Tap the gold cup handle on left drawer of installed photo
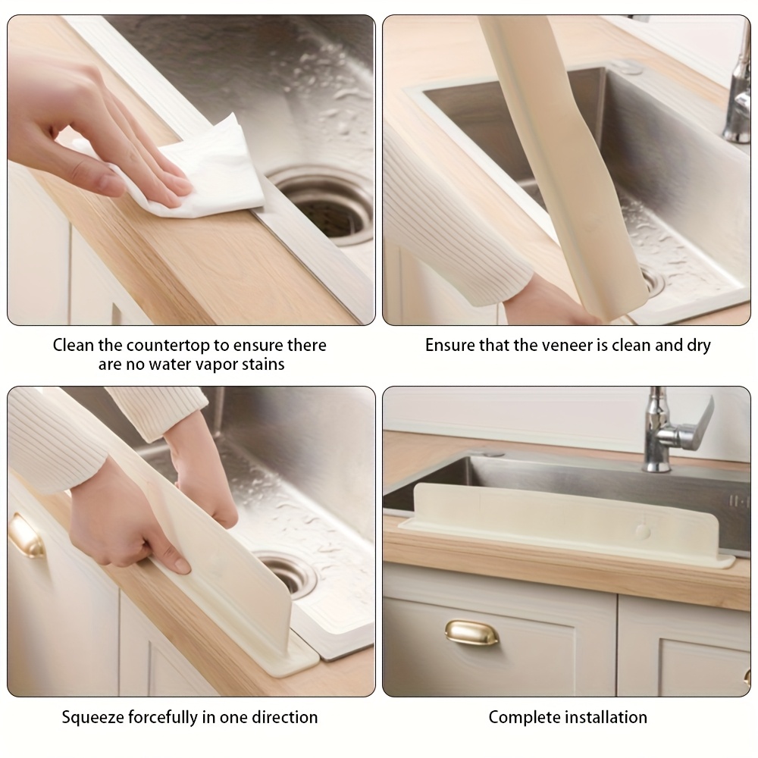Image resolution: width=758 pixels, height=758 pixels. pos(471,633)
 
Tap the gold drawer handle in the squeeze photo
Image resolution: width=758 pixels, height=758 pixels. pos(25,536)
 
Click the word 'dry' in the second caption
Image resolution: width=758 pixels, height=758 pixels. pos(699,346)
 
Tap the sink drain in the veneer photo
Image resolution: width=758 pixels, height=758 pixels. pos(653,281)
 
